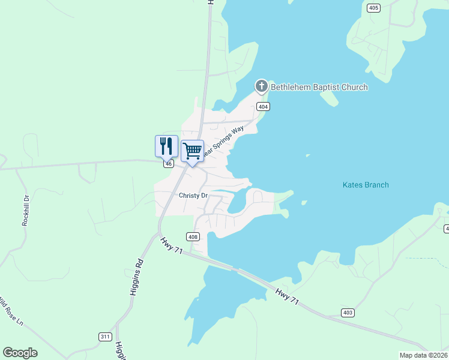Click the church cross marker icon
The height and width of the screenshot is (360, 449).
point(262,87)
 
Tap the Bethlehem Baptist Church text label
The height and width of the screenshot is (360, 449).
point(319,88)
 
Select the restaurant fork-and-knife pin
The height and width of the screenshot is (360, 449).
point(166,146)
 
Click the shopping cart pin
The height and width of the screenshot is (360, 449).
point(192,151)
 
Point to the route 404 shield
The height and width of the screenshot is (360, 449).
point(262,107)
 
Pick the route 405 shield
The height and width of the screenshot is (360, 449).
point(374,8)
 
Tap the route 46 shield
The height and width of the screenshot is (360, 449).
point(169,163)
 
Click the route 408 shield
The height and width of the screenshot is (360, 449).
point(193,236)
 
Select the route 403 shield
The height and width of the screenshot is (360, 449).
point(347,313)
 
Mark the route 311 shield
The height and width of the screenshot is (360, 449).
point(105,337)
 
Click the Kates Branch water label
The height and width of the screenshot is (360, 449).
point(366,185)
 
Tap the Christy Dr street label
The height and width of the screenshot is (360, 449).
point(193,196)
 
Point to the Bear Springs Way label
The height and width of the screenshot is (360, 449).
point(224,142)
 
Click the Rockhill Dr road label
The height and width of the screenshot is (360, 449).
point(26,211)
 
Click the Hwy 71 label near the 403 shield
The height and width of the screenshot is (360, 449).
point(287,298)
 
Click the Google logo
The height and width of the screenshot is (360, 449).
point(20,353)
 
